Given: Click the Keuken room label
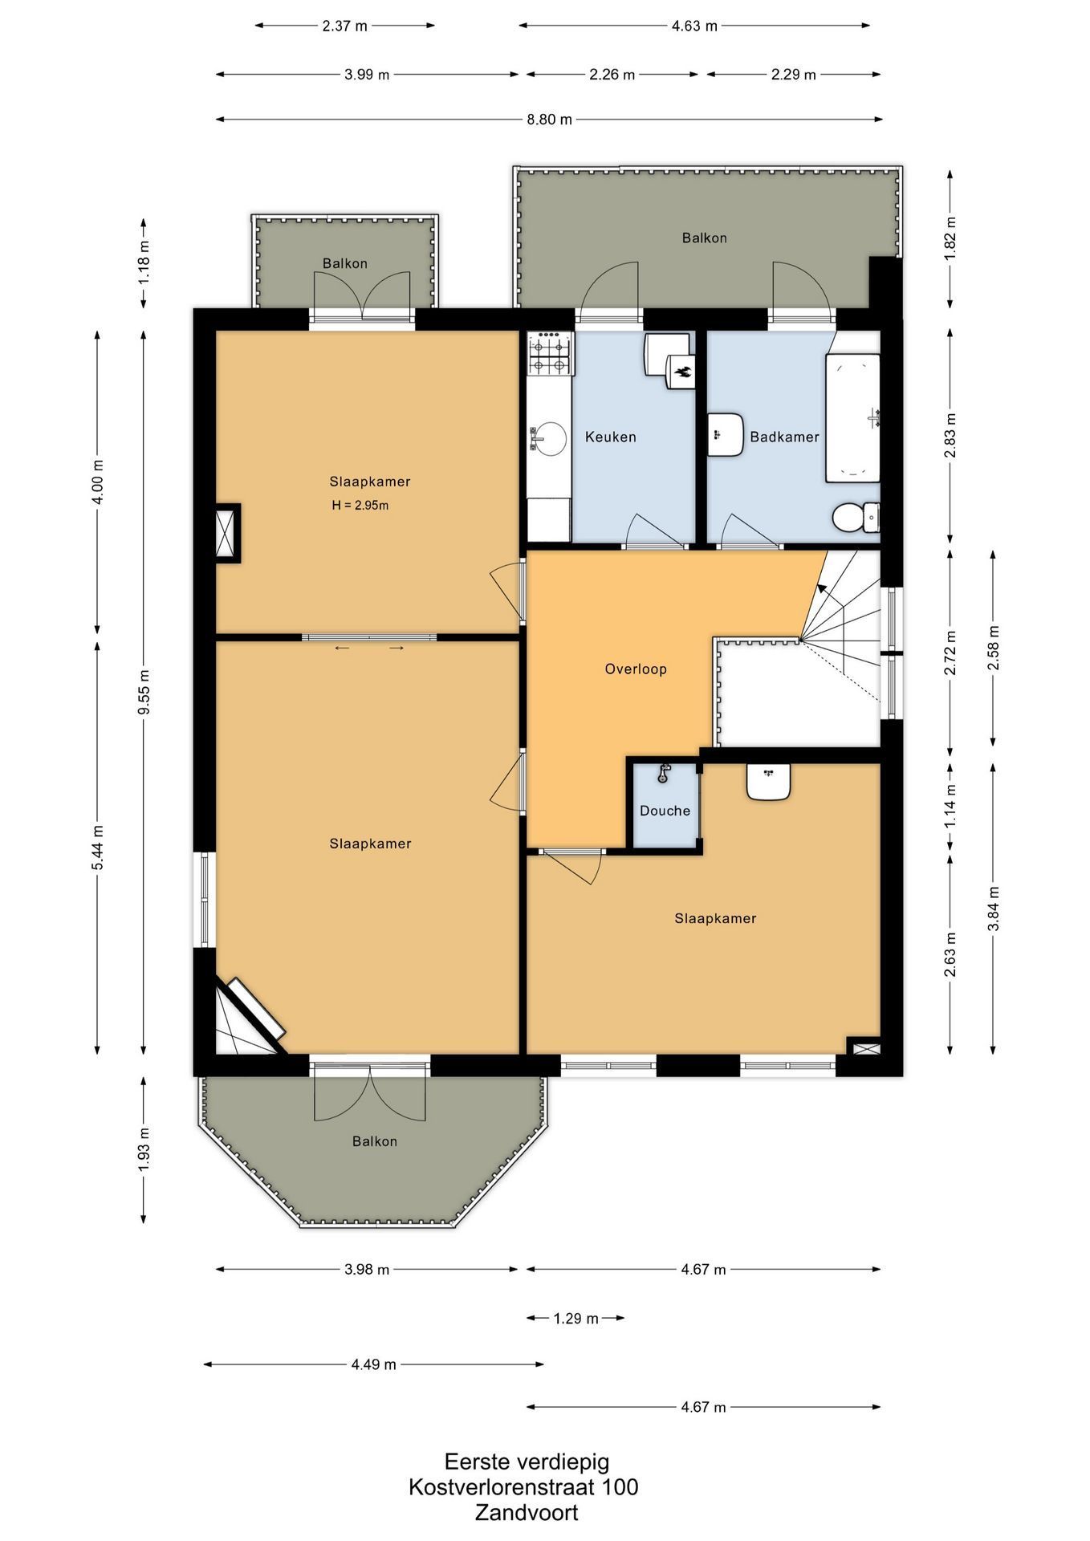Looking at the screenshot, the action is click(610, 437).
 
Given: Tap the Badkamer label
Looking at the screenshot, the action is click(784, 437).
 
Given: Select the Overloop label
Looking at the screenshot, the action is click(636, 669).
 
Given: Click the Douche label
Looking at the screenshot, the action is click(665, 811).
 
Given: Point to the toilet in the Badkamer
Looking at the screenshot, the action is click(856, 517).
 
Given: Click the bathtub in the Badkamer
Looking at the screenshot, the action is click(853, 417).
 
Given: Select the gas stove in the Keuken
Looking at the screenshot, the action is click(550, 354).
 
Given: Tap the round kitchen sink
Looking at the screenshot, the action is click(550, 438).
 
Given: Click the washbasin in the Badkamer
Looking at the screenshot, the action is click(726, 435).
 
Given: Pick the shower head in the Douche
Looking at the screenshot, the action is click(663, 773).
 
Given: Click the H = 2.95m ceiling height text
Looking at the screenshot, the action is click(360, 506).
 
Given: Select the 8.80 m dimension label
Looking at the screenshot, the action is click(549, 120).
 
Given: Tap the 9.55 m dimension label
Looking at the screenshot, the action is click(144, 691).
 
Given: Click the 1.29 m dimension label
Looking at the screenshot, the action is click(576, 1318).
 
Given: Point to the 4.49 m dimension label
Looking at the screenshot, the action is click(373, 1364).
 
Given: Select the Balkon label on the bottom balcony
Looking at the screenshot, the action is click(374, 1141).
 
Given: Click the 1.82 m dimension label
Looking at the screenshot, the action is click(950, 238).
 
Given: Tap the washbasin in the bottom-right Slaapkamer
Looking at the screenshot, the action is click(769, 781).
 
